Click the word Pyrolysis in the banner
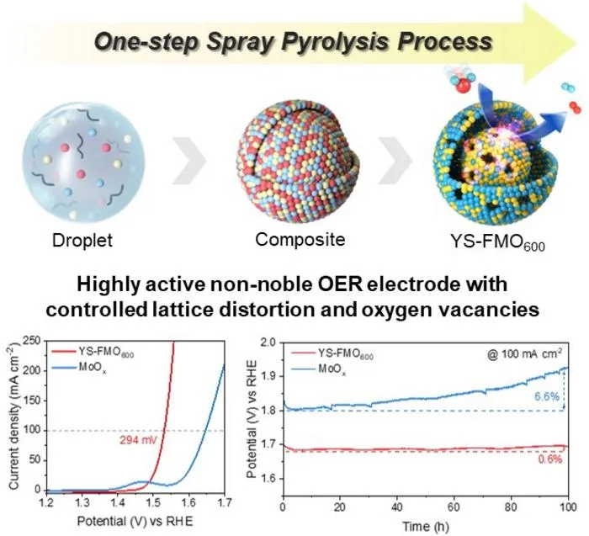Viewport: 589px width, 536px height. coord(335,42)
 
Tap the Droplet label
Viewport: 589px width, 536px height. coord(82,241)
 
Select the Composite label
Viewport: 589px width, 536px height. coord(300,240)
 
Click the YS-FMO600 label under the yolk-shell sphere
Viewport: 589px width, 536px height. coord(497,241)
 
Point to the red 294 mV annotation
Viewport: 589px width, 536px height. coord(138,440)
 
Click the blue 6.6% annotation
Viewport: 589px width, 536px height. coord(547,396)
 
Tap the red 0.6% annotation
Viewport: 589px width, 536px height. coord(550,459)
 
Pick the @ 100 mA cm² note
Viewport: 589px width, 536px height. coord(524,354)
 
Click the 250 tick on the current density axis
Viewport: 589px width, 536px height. coord(32,341)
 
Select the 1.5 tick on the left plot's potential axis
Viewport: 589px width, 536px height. coord(153,502)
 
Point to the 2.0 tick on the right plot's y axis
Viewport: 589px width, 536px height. coord(270,342)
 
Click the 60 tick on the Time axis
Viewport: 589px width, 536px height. coord(454,507)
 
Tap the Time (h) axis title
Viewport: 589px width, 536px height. coord(426,526)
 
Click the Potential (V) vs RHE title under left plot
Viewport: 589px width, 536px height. coord(135,522)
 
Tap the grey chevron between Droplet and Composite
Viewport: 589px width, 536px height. coord(189,161)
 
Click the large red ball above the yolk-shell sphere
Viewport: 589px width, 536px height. coord(463,86)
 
